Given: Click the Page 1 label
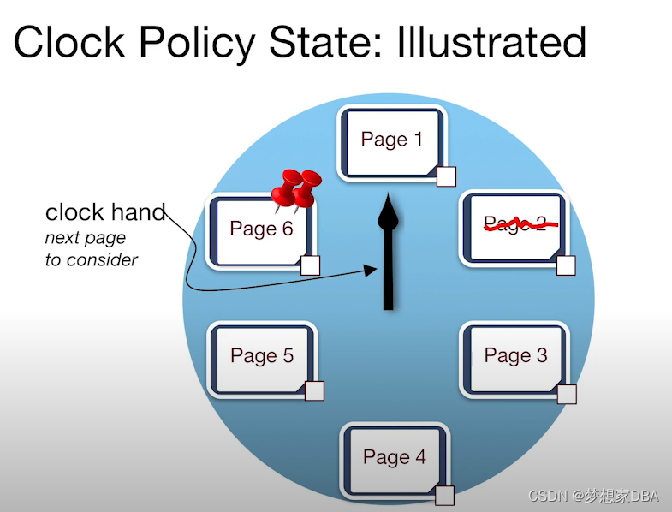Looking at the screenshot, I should click(391, 140).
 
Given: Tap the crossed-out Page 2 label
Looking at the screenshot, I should click(515, 224).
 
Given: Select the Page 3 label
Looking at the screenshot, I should click(515, 355).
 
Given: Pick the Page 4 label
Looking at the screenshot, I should click(394, 457).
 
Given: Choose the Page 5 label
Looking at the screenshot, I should click(262, 355).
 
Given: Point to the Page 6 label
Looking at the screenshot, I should click(261, 229).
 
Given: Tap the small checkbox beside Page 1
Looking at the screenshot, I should click(446, 176).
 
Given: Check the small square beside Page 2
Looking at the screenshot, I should click(566, 265).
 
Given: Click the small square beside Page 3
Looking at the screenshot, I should click(566, 394).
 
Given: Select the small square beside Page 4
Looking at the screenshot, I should click(444, 495).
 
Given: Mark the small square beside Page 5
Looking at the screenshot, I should click(314, 391).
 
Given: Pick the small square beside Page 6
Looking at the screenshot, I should click(310, 265).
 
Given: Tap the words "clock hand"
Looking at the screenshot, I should click(104, 212).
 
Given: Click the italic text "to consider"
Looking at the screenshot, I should click(92, 259).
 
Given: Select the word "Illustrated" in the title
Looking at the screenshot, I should click(491, 41).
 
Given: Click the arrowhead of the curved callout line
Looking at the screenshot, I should click(371, 271).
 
